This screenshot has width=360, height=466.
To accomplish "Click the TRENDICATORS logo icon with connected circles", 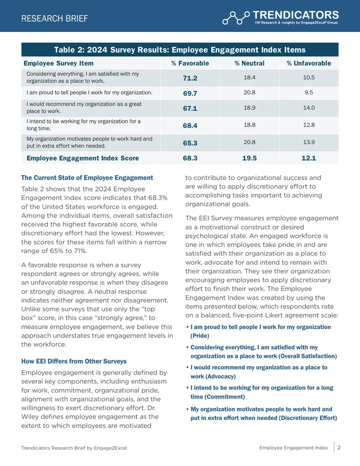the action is (236, 18).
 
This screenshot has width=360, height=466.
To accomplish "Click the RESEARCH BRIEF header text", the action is (54, 18).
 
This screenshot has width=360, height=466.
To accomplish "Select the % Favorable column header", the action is (190, 63).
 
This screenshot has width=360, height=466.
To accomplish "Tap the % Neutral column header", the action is (249, 63).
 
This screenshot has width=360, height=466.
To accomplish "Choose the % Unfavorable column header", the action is (309, 63).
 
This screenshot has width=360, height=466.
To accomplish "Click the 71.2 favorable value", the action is (190, 78).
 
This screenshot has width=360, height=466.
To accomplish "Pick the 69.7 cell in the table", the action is (190, 93).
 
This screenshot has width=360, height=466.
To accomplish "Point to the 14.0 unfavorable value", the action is (309, 108).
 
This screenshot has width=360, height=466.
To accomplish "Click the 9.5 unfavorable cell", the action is (309, 92).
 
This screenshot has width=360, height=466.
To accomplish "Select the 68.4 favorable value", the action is (190, 126).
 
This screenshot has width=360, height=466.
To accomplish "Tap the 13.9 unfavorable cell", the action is (309, 142).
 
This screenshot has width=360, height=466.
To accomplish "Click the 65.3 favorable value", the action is (190, 143).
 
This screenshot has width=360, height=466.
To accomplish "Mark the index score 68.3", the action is (190, 158).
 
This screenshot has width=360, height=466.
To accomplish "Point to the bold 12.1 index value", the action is (309, 158).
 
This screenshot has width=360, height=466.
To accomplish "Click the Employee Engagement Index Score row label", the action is (83, 158).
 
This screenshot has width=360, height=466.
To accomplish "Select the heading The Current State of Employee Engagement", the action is (87, 178).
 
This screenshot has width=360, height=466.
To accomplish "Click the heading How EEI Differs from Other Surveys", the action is (74, 361).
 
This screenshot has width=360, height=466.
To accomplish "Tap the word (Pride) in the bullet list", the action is (200, 336).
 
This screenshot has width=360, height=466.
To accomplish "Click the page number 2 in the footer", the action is (339, 448).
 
